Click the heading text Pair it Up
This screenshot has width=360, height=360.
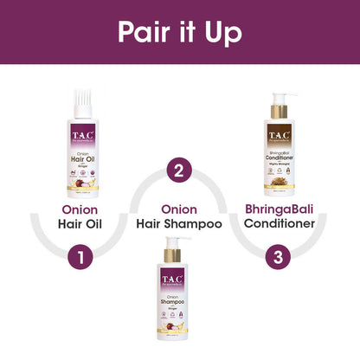[179, 31]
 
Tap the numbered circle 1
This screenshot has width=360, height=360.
[80, 257]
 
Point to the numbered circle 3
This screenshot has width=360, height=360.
[278, 257]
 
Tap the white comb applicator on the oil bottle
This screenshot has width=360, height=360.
[80, 98]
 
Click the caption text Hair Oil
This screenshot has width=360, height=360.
[80, 228]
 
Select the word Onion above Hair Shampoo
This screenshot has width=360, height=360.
[179, 209]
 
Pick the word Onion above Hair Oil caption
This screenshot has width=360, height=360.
[80, 209]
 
